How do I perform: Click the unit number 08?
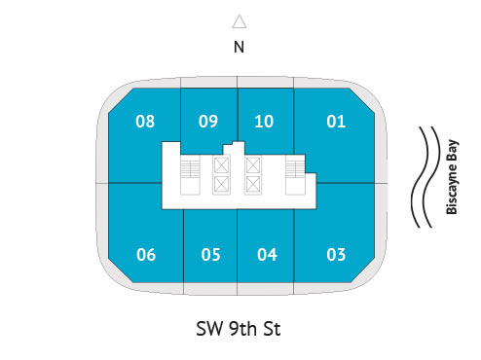click(145, 122)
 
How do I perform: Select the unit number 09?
click(208, 122)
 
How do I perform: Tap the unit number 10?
click(264, 122)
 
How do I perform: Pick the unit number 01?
click(336, 122)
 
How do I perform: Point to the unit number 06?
click(146, 255)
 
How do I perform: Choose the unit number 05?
click(210, 255)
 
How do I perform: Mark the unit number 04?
click(267, 255)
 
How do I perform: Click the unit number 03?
click(336, 255)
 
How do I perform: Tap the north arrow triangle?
click(240, 21)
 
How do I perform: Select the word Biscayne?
click(453, 193)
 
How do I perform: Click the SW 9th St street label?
click(240, 329)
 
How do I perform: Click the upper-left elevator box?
click(221, 166)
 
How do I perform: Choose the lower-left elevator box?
click(221, 184)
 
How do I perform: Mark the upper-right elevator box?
click(254, 166)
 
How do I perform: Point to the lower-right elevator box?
click(254, 184)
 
